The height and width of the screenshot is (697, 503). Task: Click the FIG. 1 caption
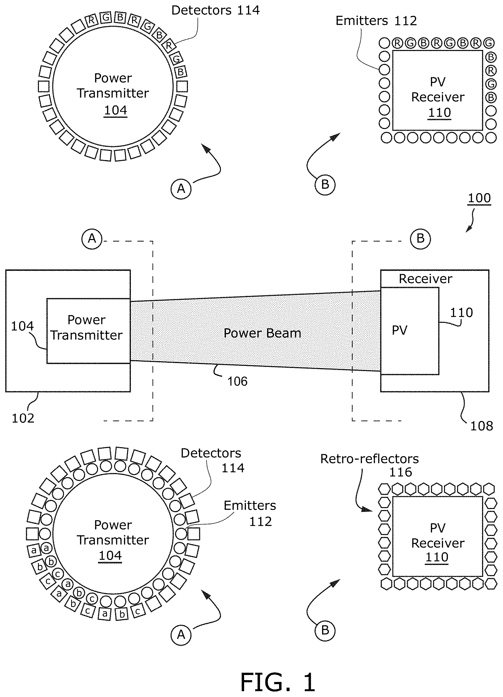278,682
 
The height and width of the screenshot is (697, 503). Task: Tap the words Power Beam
262,333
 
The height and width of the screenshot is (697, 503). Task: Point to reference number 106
237,381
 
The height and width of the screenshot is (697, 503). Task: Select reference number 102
23,418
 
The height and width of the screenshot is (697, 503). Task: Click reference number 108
482,426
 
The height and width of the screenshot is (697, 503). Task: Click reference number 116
400,472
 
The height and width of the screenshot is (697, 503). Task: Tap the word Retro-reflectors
369,459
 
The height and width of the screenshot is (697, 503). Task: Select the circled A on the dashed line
92,238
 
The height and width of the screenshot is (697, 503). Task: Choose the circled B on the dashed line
420,239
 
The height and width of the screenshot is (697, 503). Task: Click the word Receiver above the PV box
425,279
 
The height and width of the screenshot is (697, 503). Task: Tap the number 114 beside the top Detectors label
248,10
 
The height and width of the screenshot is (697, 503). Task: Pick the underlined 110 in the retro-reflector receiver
437,557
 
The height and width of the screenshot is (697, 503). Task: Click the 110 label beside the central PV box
461,313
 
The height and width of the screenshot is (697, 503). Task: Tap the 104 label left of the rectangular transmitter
22,326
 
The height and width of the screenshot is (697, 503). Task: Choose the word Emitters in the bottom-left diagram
250,506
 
